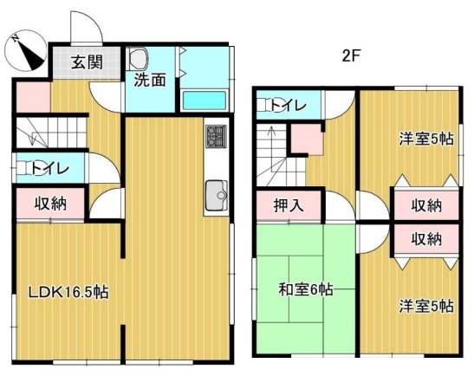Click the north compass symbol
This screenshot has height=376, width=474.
pos(25,51)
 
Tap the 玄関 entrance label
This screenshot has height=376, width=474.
pos(87,62)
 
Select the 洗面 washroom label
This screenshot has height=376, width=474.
pos(150,80)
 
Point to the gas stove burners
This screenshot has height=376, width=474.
pos(217,136)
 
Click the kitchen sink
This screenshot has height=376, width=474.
pos(217,196)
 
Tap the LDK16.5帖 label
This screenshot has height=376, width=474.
pos(68,292)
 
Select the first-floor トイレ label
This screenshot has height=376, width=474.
pos(50,168)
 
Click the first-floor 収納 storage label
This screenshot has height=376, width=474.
pos(50,204)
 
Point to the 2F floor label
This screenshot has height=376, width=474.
pos(352,56)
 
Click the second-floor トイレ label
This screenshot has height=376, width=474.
pos(288,105)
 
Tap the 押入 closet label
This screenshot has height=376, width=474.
pos(288,205)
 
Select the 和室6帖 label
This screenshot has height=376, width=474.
pos(306,289)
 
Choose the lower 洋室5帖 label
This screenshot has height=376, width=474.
pos(426,306)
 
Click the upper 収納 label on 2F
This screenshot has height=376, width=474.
pos(426,205)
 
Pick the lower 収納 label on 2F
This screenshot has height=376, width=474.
pos(426,239)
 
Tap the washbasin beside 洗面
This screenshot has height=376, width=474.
pos(138,58)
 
